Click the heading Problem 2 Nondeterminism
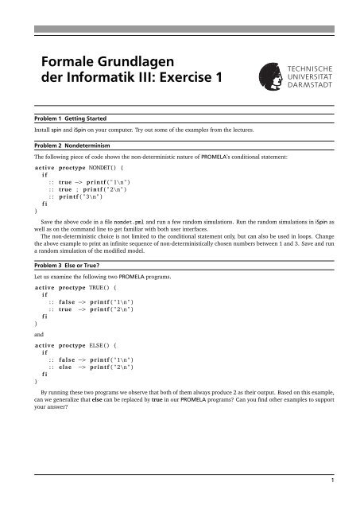[x=72, y=147]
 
